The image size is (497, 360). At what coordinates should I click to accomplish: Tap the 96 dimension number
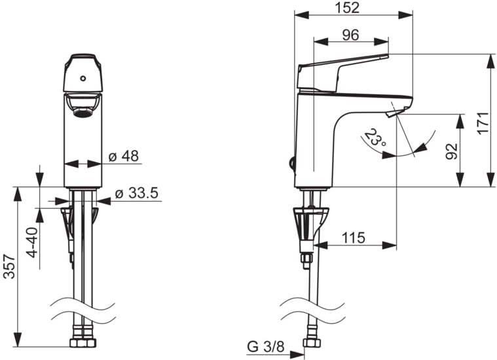pyautogui.click(x=350, y=35)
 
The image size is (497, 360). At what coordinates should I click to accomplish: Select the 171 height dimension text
pyautogui.click(x=484, y=123)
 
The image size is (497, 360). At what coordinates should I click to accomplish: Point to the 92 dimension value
pyautogui.click(x=452, y=151)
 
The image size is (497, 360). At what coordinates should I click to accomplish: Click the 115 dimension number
pyautogui.click(x=354, y=238)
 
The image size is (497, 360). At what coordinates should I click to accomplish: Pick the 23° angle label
pyautogui.click(x=376, y=137)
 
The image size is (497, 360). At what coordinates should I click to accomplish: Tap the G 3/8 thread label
pyautogui.click(x=266, y=347)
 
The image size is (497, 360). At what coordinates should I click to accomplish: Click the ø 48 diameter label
pyautogui.click(x=124, y=156)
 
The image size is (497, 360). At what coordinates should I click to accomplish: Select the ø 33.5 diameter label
pyautogui.click(x=137, y=193)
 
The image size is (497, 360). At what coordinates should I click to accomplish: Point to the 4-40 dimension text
pyautogui.click(x=33, y=242)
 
